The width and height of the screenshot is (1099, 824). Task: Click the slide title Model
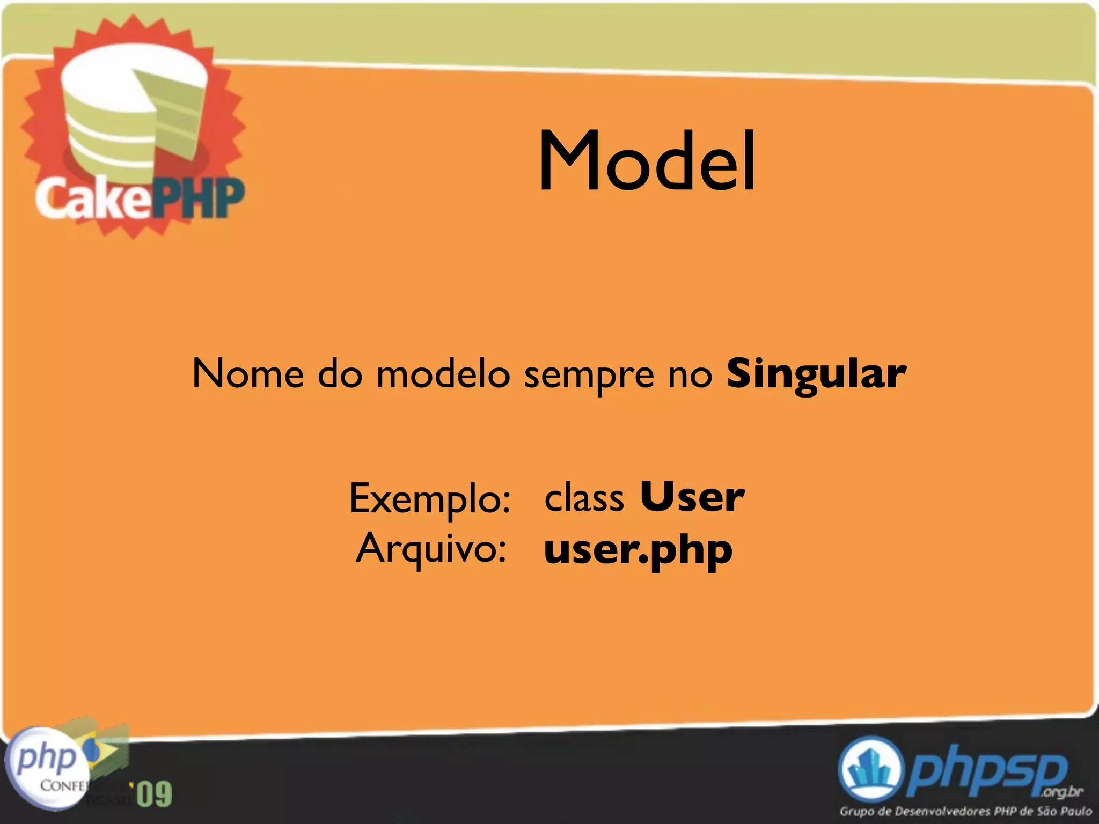(647, 161)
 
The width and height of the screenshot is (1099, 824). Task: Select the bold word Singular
(816, 374)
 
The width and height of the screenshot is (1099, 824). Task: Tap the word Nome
(247, 374)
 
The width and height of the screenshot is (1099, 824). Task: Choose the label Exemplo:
(429, 499)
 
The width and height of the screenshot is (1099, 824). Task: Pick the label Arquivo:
(431, 549)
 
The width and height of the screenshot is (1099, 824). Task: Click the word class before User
(584, 498)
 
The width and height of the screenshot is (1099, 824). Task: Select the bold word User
(692, 497)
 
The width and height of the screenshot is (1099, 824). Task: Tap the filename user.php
(638, 551)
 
